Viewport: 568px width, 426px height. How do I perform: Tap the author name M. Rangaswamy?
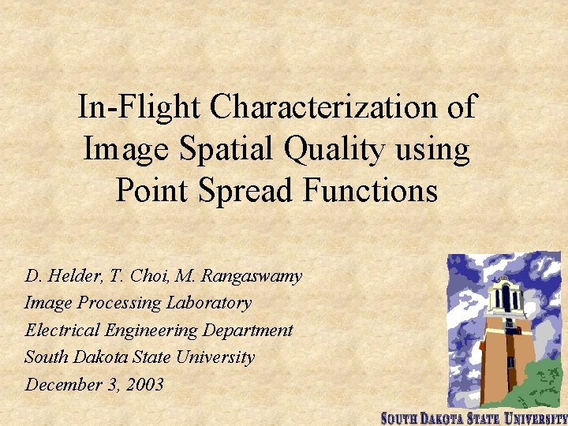click(229, 277)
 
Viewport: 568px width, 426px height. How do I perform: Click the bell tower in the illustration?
click(505, 331)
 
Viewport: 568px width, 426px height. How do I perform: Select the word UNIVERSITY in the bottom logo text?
click(536, 418)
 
